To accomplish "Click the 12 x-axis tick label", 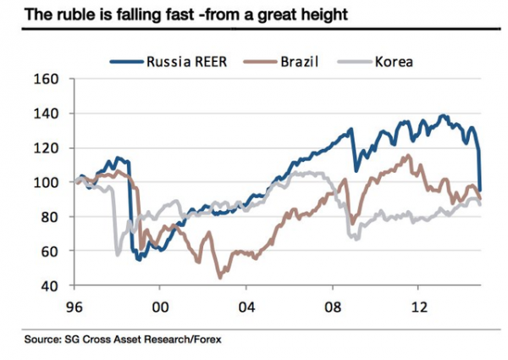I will (417, 309).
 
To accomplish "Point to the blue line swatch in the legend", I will (125, 61).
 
